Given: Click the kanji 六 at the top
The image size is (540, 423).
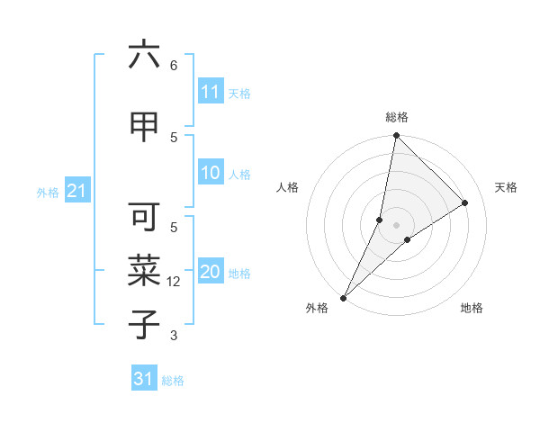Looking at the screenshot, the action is pos(144,56).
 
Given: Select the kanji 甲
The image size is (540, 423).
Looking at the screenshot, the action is pos(144,128).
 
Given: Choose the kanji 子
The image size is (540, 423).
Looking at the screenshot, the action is pos(144,322).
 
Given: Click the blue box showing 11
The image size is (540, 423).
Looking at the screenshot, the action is pos(210,92).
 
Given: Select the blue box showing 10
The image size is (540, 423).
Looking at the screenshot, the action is pos(210,174).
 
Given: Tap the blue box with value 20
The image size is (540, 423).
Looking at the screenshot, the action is pos(210,273).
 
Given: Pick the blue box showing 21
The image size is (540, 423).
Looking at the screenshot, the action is pos(76,191).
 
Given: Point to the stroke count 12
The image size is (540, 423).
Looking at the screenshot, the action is pos(174,282).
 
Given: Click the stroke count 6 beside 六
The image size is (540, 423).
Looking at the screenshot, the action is pos(174,66).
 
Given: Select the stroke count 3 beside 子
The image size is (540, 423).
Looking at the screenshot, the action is pos(174,336).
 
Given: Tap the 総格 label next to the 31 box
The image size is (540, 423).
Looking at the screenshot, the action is pos(173,380).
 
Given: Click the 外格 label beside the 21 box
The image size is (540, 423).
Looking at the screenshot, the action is pos(48,192).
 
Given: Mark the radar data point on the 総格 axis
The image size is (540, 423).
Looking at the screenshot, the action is pos(396,135).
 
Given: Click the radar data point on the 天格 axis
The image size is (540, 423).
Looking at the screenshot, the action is pos(465,202).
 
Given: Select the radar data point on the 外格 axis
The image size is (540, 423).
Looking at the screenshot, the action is pos(343,298).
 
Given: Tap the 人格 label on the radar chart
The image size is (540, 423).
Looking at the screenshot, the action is pos(287,187).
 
